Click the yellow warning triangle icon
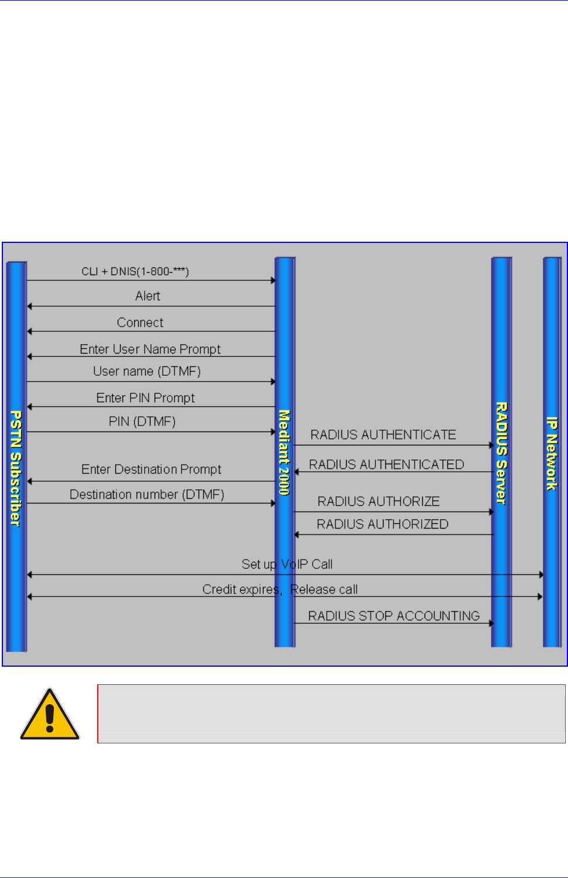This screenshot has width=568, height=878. click(x=50, y=715)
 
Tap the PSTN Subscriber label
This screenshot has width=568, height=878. click(x=16, y=468)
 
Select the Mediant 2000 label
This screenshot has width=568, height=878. click(x=284, y=452)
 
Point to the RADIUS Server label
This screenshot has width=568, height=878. click(x=501, y=453)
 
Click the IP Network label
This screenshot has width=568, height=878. click(x=552, y=453)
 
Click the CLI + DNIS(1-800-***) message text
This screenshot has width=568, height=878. click(x=135, y=272)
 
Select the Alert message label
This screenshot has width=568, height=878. click(x=148, y=296)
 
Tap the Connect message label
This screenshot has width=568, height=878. click(x=140, y=323)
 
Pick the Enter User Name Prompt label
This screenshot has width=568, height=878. click(x=150, y=349)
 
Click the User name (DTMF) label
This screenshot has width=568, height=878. click(x=147, y=371)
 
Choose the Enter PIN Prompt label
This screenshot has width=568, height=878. click(x=145, y=398)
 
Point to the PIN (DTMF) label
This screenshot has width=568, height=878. click(x=142, y=421)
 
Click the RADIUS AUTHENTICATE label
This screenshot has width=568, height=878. click(x=383, y=435)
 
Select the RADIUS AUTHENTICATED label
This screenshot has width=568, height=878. click(x=386, y=465)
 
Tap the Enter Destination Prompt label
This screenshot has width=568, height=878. click(x=151, y=469)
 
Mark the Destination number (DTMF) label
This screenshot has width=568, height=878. click(x=147, y=495)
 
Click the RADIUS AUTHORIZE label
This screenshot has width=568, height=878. click(x=378, y=502)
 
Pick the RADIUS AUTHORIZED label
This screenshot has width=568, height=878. click(x=382, y=524)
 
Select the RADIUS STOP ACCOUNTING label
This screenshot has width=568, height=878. click(x=394, y=616)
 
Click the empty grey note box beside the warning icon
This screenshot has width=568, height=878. click(x=331, y=714)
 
